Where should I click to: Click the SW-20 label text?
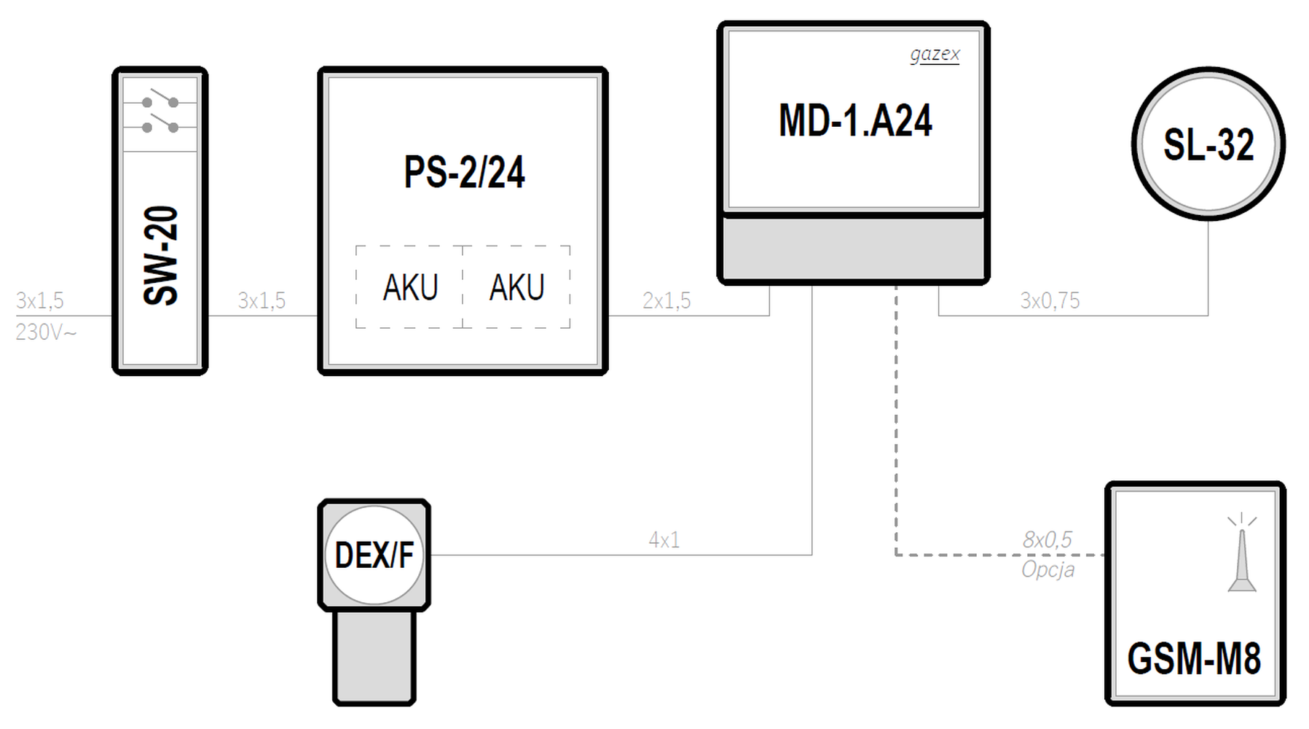pos(161,255)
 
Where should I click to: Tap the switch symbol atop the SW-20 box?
pos(160,114)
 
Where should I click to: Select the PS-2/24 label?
pos(464,173)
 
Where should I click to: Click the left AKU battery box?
pos(409,287)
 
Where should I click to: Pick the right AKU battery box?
pos(516,287)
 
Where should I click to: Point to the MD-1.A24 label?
pos(855,121)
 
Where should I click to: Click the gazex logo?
pos(935,55)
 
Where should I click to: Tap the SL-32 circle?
pos(1208,144)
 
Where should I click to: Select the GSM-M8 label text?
pos(1194,659)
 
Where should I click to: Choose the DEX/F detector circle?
pos(374,555)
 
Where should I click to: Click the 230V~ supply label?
pos(46,332)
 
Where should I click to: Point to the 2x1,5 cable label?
pos(667,300)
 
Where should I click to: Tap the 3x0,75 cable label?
pos(1050,300)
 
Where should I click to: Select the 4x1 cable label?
pos(664,540)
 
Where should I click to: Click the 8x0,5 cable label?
pos(1047,539)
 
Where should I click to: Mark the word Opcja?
pos(1047,569)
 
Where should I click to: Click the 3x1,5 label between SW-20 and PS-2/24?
pos(262,300)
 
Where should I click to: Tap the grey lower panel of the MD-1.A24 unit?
pos(853,249)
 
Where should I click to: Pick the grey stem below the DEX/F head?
pos(374,656)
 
